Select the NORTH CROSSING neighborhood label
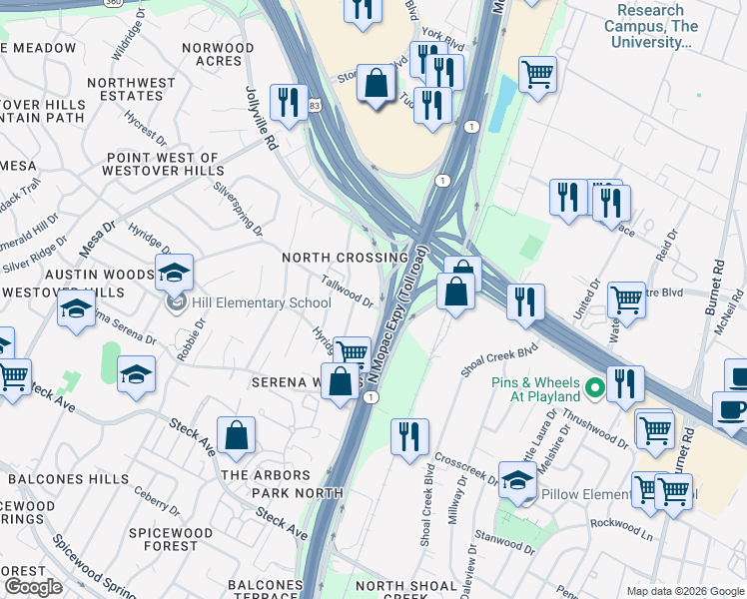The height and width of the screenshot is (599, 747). coord(345,258)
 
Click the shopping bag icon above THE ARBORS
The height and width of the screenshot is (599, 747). coord(236,436)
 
